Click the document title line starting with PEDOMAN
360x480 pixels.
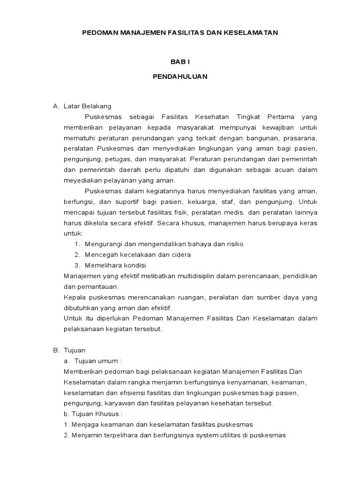pyautogui.click(x=180, y=33)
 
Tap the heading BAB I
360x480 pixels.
pyautogui.click(x=180, y=62)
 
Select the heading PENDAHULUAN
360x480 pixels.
pyautogui.click(x=180, y=76)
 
